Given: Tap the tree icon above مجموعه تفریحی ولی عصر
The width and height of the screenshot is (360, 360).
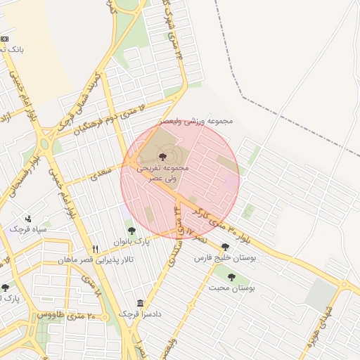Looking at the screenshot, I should [x=163, y=156].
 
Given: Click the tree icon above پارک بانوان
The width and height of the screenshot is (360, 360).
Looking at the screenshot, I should [x=131, y=230].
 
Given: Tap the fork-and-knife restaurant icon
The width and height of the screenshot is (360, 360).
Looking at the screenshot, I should [x=96, y=249].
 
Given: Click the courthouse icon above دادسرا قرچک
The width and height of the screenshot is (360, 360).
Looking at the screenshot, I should [x=141, y=303].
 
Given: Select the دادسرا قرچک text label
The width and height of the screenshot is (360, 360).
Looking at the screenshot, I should [x=140, y=314].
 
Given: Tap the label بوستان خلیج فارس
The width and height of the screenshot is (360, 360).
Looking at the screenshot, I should [x=224, y=258].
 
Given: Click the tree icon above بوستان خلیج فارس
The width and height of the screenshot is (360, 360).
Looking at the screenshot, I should [x=225, y=247].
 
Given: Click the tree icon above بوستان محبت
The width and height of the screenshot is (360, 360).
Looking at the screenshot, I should [x=231, y=277].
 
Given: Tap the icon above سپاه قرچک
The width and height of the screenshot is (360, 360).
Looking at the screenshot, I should [x=28, y=219].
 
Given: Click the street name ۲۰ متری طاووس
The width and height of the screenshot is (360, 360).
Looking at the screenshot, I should [x=61, y=314].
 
